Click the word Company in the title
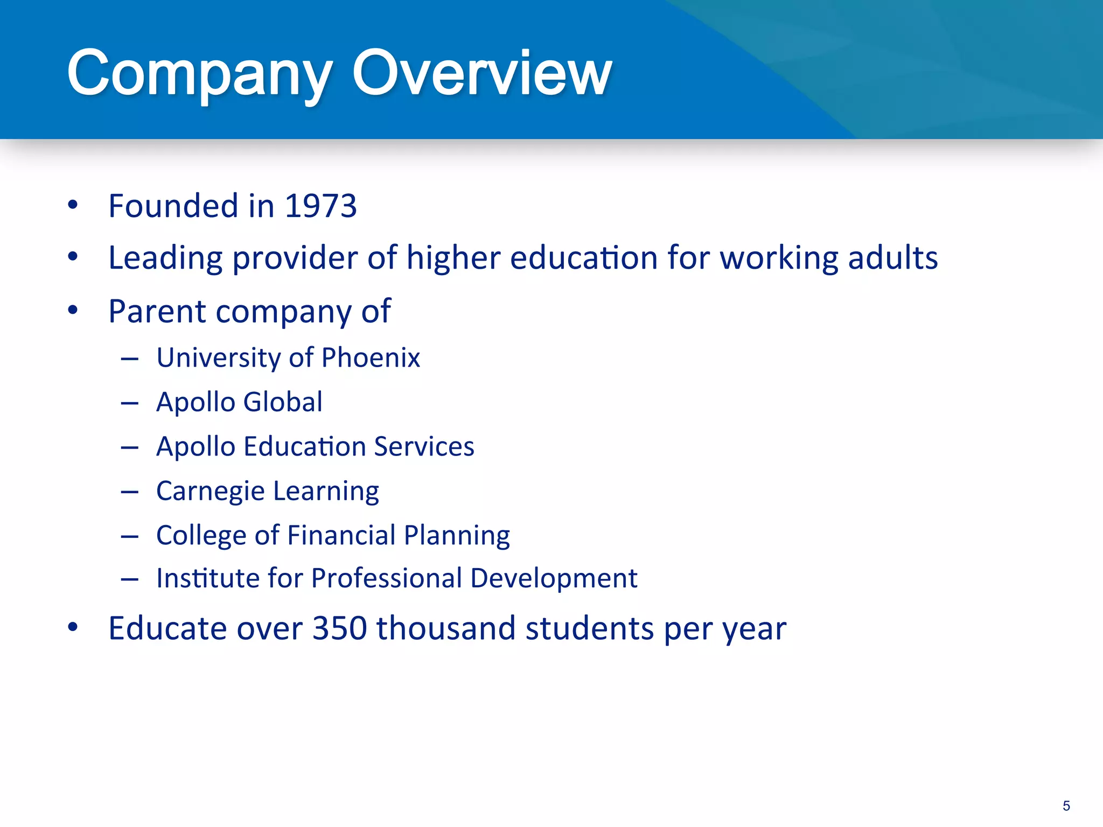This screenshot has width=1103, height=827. point(199,74)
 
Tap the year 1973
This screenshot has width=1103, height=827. point(320,206)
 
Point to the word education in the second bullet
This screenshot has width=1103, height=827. point(584,257)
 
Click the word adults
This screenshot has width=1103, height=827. point(893,257)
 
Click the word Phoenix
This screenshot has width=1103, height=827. point(371,358)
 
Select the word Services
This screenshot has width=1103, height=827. point(424,447)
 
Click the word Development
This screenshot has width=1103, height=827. point(554,578)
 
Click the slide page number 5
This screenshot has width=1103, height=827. point(1066,806)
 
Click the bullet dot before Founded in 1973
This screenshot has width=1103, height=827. point(73,205)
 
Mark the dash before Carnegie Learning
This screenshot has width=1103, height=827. point(130,492)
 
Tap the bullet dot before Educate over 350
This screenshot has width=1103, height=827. point(73,627)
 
